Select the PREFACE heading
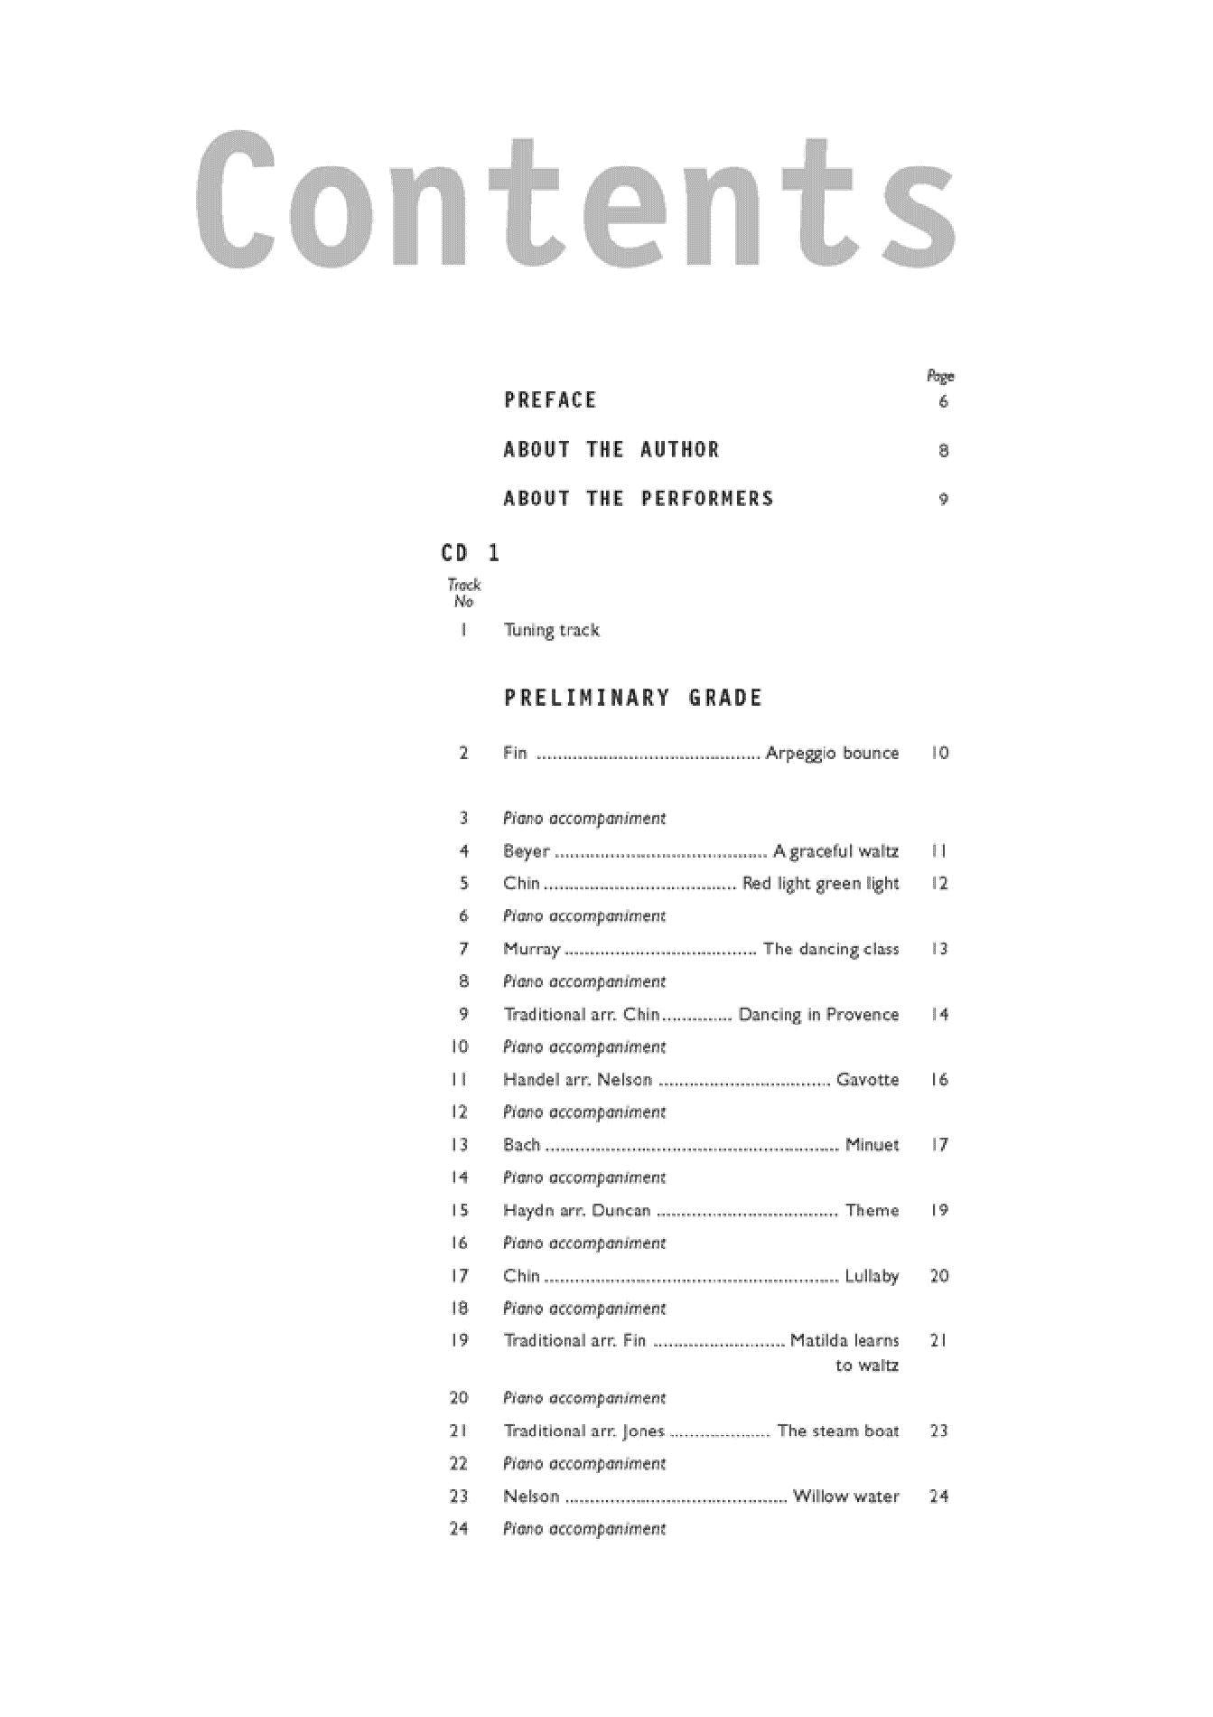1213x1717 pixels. (x=550, y=400)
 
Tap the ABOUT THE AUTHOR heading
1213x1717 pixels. (x=611, y=450)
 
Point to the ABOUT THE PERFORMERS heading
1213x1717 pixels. (x=639, y=499)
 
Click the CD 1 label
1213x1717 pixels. (x=470, y=553)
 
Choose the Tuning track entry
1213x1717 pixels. (x=551, y=630)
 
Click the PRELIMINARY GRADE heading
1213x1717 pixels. (x=633, y=698)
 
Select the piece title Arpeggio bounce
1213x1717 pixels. (x=832, y=753)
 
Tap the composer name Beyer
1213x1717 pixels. (x=526, y=851)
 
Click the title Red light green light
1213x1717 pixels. (x=820, y=884)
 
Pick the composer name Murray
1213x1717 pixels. (x=531, y=949)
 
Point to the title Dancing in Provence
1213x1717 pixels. (x=818, y=1015)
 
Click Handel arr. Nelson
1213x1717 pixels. (x=577, y=1080)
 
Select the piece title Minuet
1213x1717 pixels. (x=872, y=1145)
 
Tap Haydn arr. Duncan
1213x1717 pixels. (x=576, y=1211)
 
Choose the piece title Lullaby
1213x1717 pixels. (x=872, y=1276)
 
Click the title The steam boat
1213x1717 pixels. (x=837, y=1431)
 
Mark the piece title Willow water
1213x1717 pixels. (x=845, y=1497)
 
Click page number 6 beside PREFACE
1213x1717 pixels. (x=943, y=401)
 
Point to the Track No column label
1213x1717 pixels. (x=464, y=593)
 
